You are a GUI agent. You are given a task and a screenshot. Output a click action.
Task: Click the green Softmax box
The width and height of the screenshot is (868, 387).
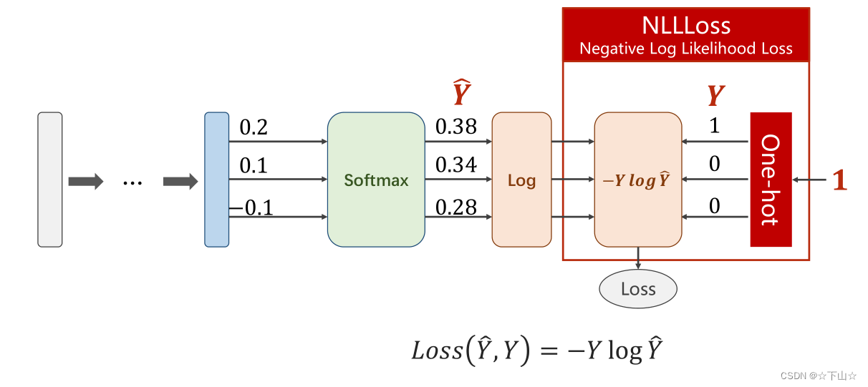tap(376, 180)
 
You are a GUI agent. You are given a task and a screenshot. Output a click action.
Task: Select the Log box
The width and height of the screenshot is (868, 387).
tap(521, 180)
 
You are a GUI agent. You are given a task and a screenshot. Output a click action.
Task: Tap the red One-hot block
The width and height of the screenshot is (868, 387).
tap(771, 180)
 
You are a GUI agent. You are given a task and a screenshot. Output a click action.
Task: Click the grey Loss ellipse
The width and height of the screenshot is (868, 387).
tap(637, 289)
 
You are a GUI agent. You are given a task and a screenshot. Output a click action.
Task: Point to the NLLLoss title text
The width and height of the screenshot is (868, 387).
tap(686, 26)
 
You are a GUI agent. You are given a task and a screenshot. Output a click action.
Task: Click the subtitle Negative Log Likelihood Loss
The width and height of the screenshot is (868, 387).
tap(686, 49)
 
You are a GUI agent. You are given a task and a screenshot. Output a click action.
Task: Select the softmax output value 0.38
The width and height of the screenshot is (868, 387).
tap(456, 127)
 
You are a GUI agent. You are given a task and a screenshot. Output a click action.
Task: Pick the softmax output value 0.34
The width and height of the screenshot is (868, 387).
tap(456, 165)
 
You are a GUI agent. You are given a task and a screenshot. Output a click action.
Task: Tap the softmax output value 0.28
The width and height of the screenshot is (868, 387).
tap(456, 207)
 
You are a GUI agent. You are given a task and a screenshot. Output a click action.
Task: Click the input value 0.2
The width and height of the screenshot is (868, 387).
tap(254, 127)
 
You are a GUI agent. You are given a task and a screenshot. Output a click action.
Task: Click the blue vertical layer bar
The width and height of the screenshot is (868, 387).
tap(216, 180)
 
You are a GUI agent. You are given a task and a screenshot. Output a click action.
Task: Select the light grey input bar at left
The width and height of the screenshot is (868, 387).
tap(50, 180)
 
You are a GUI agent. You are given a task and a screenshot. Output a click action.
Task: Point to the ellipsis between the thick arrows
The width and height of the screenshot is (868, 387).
tap(132, 182)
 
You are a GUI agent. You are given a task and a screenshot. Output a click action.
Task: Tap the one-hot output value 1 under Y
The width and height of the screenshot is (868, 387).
tap(714, 127)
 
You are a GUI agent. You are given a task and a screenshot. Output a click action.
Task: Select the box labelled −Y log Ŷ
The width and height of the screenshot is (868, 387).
tap(637, 180)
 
